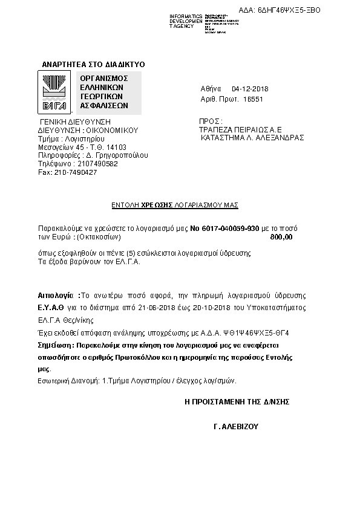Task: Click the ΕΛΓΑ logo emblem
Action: tap(55, 92)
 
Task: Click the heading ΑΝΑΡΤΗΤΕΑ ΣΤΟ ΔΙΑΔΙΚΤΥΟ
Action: tap(93, 64)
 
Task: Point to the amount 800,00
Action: tap(281, 238)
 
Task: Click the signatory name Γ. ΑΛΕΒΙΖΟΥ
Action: tap(236, 426)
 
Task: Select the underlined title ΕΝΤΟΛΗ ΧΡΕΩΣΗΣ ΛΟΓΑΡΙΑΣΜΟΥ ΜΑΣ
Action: tap(175, 206)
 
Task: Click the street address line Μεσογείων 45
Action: tap(61, 147)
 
